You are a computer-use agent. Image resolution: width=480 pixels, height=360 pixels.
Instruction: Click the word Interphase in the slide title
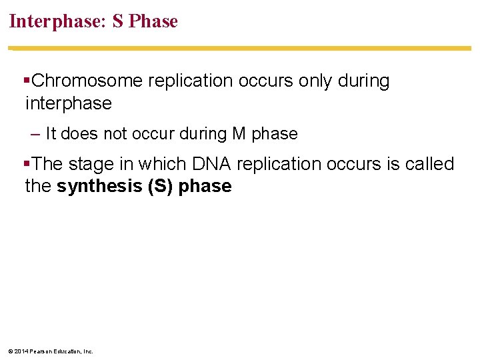53,21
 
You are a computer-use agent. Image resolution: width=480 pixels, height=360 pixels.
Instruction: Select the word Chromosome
87,81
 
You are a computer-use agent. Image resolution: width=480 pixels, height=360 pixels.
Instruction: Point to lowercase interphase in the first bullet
68,103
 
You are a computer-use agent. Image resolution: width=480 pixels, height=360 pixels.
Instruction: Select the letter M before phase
239,134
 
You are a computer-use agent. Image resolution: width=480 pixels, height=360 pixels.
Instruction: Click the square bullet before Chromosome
27,81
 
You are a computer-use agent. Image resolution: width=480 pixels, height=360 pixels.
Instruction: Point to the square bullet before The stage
27,164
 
